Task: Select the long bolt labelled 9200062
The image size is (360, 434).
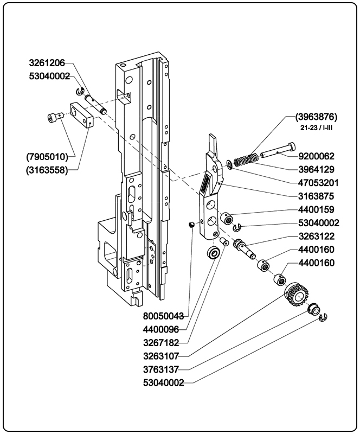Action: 278,151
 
